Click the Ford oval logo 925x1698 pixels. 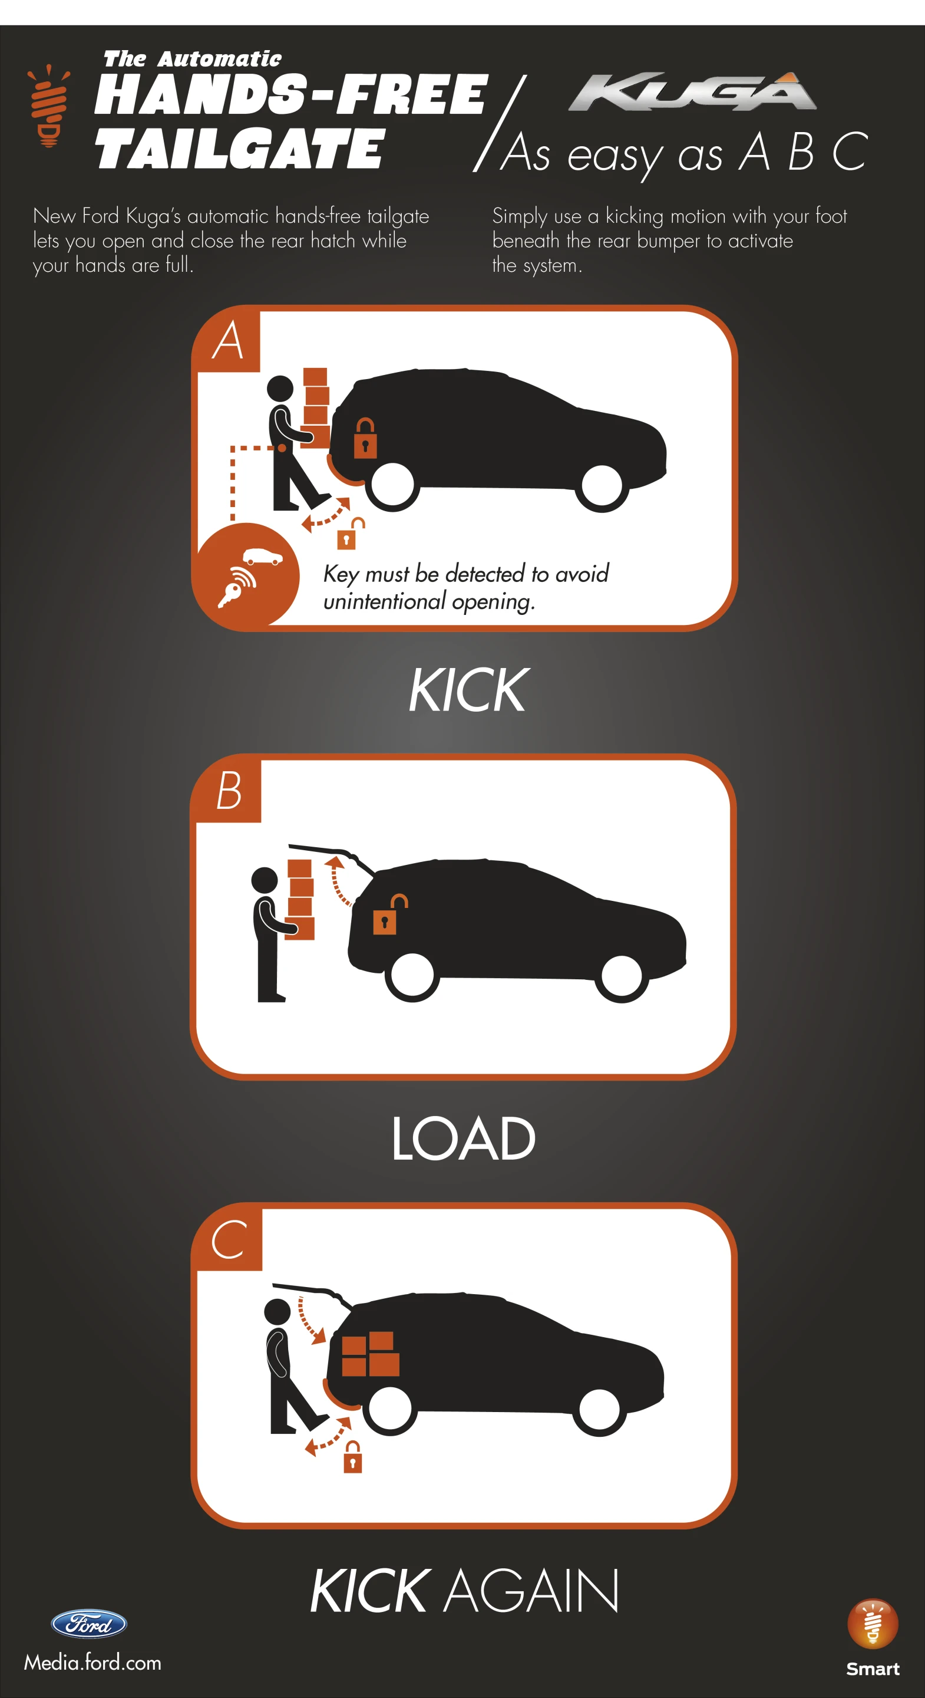pos(89,1624)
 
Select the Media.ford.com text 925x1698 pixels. pos(93,1663)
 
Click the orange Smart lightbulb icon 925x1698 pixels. pos(873,1624)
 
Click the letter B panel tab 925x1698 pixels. pos(229,790)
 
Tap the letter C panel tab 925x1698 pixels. pos(230,1239)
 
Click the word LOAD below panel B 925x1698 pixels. pos(463,1138)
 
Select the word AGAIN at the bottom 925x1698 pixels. pos(531,1590)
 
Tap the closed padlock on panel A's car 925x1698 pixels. pos(365,437)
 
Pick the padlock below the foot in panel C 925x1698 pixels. pos(353,1457)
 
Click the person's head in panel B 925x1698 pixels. pos(265,880)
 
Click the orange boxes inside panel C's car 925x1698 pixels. pos(370,1354)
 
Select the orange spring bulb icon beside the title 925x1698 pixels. pos(48,106)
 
